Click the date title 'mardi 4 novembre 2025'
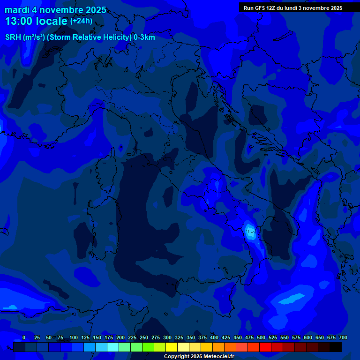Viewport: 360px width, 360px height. tap(55, 10)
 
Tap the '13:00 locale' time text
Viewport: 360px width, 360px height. tap(36, 21)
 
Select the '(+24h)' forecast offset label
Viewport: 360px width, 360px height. tap(81, 21)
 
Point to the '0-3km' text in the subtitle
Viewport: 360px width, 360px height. tap(144, 37)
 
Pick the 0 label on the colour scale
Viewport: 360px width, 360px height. tap(24, 338)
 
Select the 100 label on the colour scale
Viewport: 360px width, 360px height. tap(74, 338)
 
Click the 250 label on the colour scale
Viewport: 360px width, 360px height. tap(144, 338)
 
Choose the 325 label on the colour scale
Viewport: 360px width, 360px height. tap(179, 338)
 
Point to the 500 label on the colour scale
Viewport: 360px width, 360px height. tap(261, 338)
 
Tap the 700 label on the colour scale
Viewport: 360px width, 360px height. tap(343, 338)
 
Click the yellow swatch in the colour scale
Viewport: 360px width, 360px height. tap(172, 347)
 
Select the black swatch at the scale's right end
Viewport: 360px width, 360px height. tap(336, 347)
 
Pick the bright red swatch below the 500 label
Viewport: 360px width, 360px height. tap(265, 347)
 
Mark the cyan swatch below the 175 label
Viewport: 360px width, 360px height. tap(113, 347)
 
